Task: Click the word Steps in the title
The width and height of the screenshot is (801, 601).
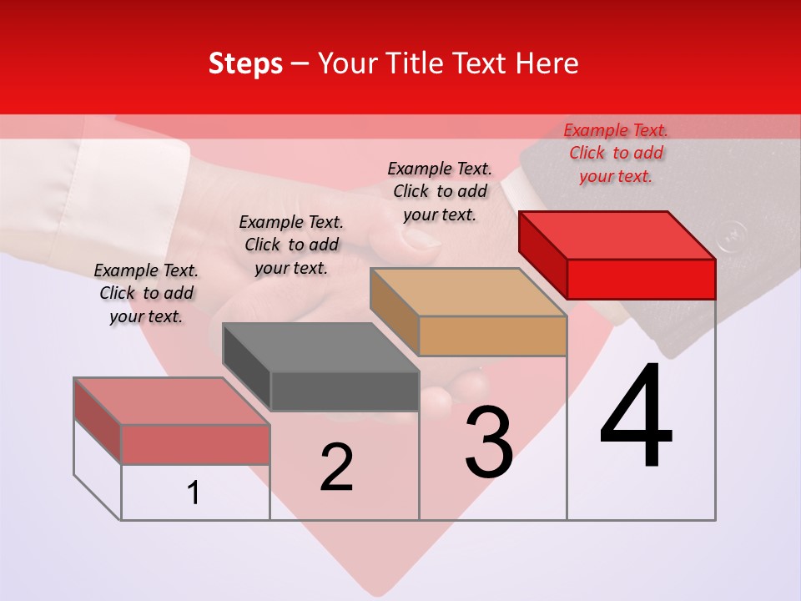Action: (245, 63)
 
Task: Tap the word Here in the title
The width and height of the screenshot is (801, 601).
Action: (548, 63)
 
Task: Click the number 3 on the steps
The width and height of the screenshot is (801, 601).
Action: (489, 442)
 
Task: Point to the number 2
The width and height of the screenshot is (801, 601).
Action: (336, 467)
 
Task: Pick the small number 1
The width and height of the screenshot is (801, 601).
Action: (194, 492)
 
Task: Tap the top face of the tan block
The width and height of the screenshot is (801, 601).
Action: (467, 292)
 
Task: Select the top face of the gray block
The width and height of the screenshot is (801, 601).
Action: (320, 347)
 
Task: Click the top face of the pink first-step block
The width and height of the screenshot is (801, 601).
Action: (172, 402)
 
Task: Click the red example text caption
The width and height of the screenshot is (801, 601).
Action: (616, 153)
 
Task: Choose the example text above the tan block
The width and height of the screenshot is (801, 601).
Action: (440, 191)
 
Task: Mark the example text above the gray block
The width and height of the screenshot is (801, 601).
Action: (291, 245)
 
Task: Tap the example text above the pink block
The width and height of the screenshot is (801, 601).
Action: (146, 293)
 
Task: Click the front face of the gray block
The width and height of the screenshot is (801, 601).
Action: (345, 391)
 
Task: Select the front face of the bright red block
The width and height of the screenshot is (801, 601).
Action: (641, 279)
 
